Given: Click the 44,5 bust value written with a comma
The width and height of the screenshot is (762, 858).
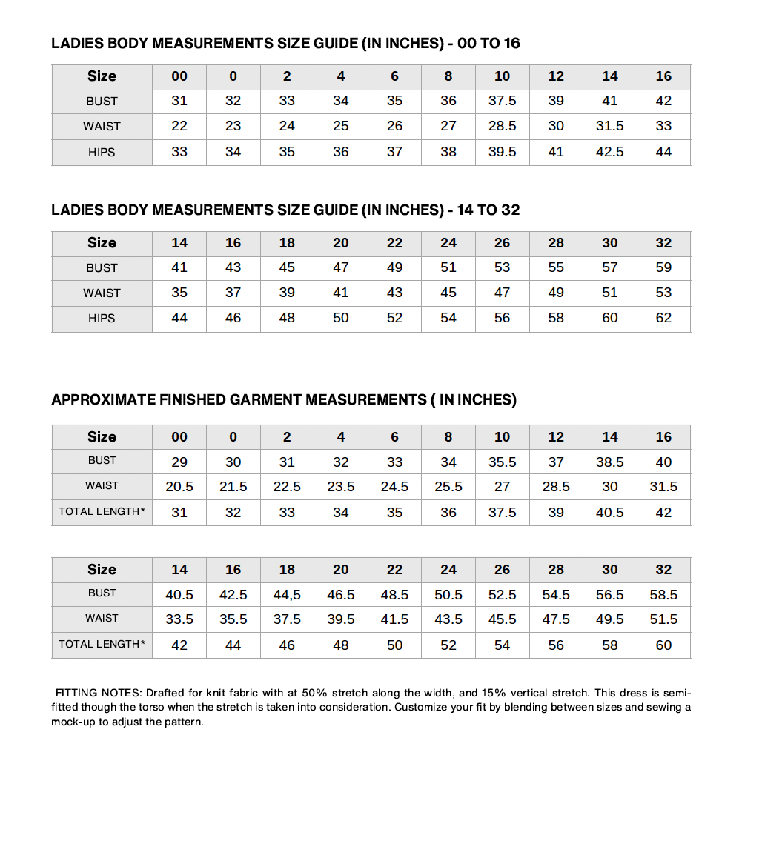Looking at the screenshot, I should coord(287,595).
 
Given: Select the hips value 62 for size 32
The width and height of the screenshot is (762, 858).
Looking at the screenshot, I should coord(663,319).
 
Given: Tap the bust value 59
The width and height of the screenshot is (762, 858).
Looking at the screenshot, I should coord(663,267).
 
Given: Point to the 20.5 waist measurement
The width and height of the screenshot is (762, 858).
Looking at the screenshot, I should coord(179,487).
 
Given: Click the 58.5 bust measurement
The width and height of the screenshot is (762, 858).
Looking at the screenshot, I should coord(663,595).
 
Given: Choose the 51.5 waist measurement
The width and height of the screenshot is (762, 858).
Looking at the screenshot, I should coord(663,619).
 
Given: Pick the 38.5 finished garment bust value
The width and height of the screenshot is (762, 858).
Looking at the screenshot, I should coord(609,462).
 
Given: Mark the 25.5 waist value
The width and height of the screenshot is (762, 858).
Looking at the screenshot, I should coord(448,487).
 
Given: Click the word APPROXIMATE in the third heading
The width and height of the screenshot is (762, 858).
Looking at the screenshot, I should coord(103,400).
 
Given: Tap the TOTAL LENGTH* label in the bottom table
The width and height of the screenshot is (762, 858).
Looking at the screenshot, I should coord(102,645).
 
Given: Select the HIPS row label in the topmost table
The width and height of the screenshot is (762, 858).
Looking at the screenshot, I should coord(102,153).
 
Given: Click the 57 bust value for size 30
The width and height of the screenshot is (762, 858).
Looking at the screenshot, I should coord(609,267).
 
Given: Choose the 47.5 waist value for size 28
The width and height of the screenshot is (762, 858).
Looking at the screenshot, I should coord(556,619).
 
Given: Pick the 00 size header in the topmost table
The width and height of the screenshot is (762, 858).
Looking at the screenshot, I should coord(179,76).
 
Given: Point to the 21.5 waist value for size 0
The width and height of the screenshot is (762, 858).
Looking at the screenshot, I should coord(233,487).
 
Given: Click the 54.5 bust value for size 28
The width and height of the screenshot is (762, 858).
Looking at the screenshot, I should coord(556,595).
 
